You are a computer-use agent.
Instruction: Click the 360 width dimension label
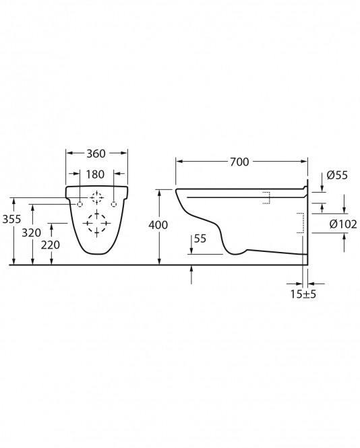coord(96,154)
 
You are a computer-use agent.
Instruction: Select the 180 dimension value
coord(95,174)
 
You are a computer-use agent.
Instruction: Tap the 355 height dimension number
coord(11,219)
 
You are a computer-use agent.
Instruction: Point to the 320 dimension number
coord(32,233)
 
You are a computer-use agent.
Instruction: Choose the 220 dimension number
coord(51,245)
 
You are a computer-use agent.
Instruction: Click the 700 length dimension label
coord(239,162)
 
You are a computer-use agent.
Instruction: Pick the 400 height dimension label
coord(158,225)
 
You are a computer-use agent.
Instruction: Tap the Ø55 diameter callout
coord(337,175)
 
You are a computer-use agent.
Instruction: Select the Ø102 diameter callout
coord(343,224)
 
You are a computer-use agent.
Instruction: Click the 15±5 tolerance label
coord(303,294)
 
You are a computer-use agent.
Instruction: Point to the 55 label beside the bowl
coord(200,238)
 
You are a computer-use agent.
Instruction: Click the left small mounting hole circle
coord(80,204)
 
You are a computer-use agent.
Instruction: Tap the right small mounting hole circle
coord(114,204)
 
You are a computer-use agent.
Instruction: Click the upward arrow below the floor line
coord(191,275)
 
